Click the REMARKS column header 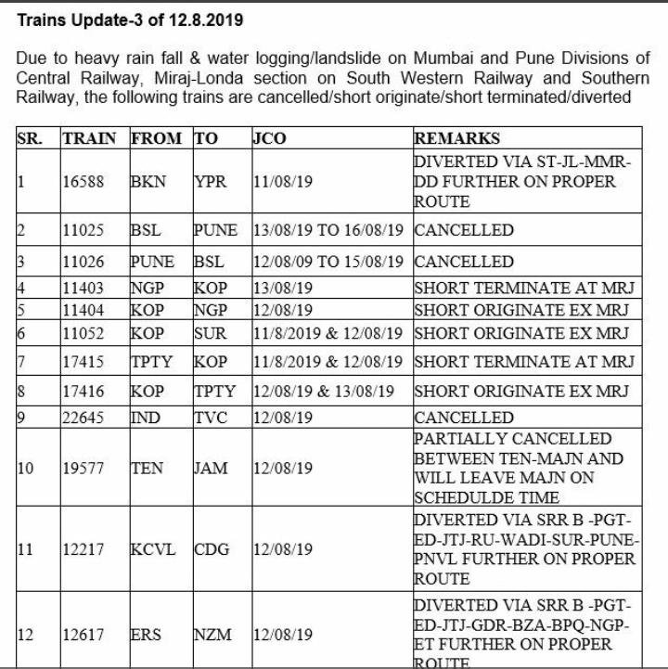pos(456,139)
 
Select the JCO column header pos(269,139)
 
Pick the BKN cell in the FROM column pos(148,183)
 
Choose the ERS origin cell pos(148,635)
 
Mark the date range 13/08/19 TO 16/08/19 pos(330,229)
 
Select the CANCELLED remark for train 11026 pos(464,261)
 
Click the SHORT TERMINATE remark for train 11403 pos(523,287)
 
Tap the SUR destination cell pos(208,333)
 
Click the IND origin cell pos(147,418)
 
